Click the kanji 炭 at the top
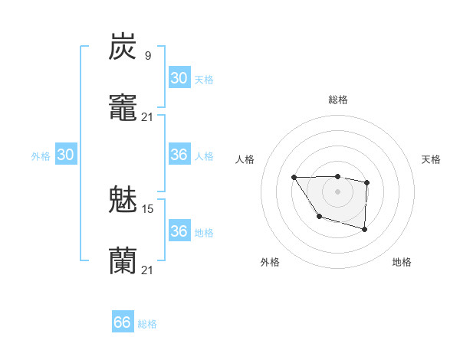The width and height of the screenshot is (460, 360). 123,47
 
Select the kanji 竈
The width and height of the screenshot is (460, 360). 123,108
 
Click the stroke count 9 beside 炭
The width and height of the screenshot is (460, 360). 147,55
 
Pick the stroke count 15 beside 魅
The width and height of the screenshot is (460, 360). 148,208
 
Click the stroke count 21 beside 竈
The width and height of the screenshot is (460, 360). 148,116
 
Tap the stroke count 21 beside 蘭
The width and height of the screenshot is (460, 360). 148,270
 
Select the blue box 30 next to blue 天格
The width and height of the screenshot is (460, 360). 179,78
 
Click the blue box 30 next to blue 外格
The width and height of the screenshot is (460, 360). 65,155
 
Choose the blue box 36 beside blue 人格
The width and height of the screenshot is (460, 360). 179,155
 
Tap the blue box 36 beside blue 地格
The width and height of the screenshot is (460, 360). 179,231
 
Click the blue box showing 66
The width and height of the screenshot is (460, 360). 123,322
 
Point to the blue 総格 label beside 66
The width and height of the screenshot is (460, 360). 147,324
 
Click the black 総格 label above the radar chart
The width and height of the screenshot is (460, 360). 337,100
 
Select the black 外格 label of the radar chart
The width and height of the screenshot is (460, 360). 270,262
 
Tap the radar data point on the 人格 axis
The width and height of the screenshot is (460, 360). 294,178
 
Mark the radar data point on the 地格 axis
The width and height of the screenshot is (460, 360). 364,229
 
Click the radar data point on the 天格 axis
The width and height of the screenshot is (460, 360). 367,182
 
